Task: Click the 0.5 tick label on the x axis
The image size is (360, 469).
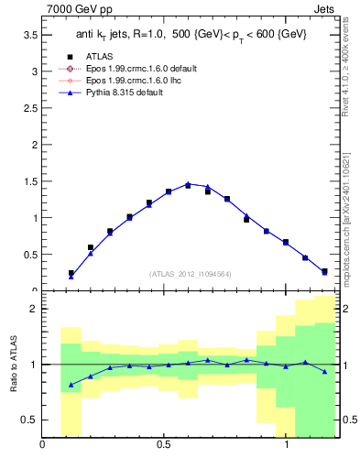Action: (x=164, y=446)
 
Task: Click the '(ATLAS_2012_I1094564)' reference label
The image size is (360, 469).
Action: (x=190, y=274)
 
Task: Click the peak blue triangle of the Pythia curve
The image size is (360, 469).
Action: (x=188, y=184)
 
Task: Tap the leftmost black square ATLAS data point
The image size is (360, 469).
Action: (x=71, y=273)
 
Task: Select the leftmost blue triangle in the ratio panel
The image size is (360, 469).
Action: (x=71, y=385)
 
